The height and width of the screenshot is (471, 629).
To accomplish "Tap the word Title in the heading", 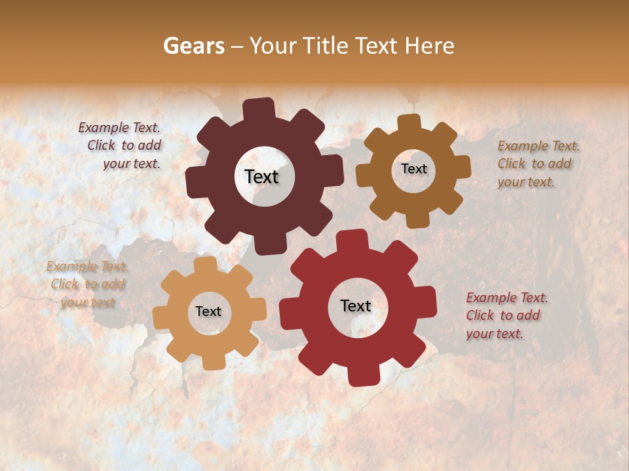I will click(326, 46).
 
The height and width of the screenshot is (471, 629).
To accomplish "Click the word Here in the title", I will click(430, 46).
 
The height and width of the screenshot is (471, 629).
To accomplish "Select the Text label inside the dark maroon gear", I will click(261, 177).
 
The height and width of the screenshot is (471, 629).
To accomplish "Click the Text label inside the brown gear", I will click(413, 169).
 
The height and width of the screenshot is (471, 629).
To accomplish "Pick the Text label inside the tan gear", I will click(208, 311).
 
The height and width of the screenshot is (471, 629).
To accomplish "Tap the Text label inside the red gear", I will click(356, 305).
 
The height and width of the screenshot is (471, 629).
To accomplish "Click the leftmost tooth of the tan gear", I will click(161, 317).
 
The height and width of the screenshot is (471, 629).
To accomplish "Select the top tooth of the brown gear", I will click(409, 122).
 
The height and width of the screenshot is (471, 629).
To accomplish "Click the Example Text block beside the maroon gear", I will click(122, 146).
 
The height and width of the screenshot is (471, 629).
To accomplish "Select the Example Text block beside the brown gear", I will click(537, 164).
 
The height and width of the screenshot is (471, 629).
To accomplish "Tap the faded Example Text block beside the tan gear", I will click(87, 284).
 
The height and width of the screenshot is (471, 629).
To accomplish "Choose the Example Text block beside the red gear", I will click(506, 315).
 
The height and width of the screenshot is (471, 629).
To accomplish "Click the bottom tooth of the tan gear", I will click(211, 362).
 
